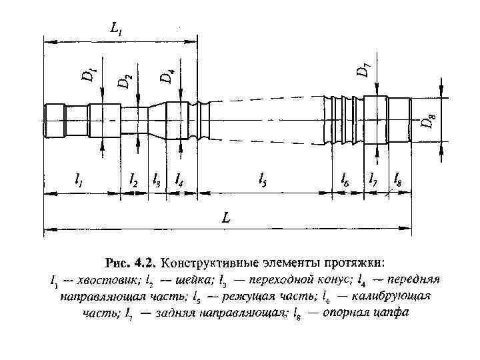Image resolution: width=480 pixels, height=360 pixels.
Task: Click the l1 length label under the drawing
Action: (79, 180)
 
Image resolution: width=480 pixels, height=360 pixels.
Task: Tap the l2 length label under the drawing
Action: (133, 180)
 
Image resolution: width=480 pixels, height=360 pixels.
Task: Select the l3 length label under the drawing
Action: (156, 180)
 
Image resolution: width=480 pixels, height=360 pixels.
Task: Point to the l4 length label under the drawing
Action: (179, 180)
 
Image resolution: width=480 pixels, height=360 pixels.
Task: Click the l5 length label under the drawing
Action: (263, 180)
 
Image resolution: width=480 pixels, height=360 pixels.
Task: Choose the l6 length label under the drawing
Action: (345, 180)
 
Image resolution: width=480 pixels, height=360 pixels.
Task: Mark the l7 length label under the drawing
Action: (374, 180)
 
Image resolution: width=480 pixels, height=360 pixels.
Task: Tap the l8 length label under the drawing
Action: (398, 180)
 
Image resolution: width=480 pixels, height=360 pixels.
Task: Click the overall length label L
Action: (227, 218)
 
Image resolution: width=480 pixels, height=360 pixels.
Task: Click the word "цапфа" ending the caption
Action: (386, 311)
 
